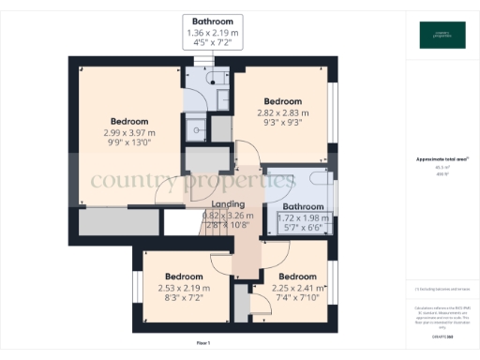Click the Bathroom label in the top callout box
(x=213, y=21)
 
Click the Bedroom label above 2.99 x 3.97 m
(x=129, y=122)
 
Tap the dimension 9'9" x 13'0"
(x=129, y=143)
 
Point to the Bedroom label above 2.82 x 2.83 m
(x=282, y=101)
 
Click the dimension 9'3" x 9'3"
(x=282, y=123)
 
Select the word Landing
(x=228, y=204)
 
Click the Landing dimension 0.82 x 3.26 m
(x=228, y=215)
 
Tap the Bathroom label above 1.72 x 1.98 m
(x=303, y=207)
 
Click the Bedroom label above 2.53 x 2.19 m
(x=184, y=277)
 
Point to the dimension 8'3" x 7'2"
(x=184, y=298)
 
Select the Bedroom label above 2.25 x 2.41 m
(x=297, y=277)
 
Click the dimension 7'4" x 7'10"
(x=297, y=298)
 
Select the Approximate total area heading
(x=442, y=159)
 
